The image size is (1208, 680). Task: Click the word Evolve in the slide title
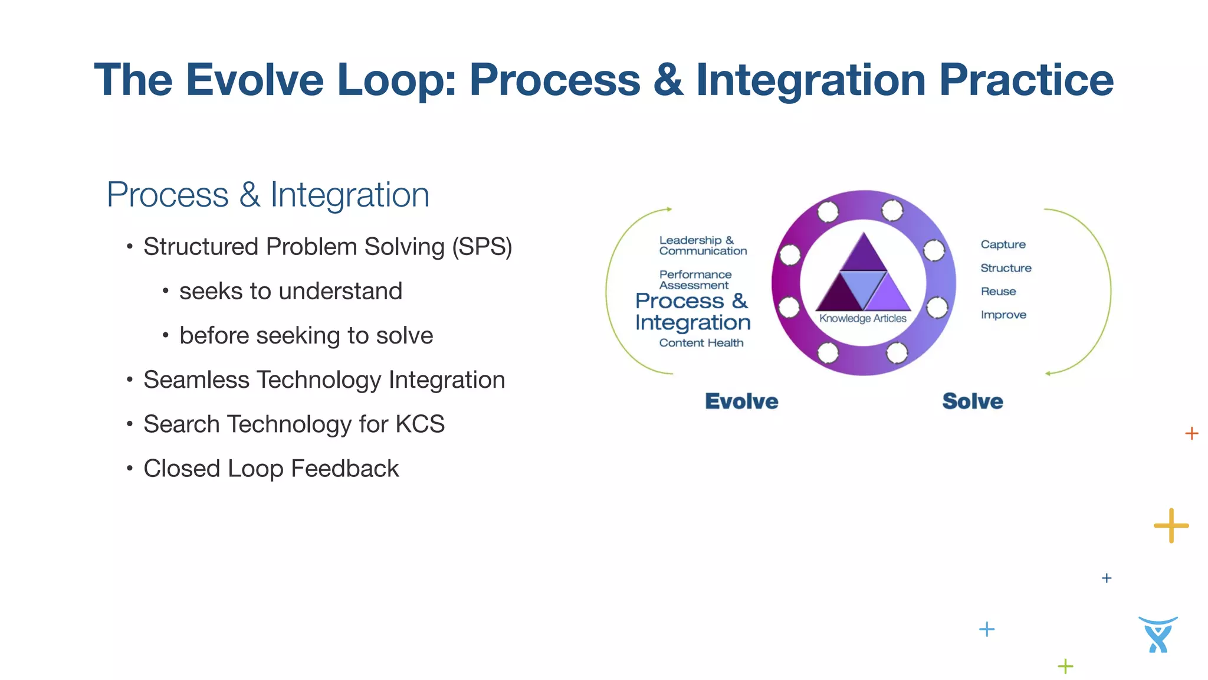coord(255,80)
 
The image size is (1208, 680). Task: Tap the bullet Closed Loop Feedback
coord(271,469)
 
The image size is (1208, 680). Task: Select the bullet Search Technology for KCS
coord(294,424)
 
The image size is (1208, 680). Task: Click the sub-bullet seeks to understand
coord(290,291)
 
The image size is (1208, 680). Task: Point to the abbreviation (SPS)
coord(482,247)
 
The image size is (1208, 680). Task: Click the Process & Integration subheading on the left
coord(268,195)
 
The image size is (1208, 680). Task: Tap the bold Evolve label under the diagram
coord(741,401)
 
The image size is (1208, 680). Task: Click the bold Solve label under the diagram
coord(972,401)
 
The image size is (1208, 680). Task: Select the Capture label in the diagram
coord(1003,244)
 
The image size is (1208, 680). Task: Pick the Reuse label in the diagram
coord(998,292)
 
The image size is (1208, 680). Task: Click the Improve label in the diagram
coord(1003,315)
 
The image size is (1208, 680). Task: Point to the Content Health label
coord(701,343)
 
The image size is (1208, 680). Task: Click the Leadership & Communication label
coord(702,246)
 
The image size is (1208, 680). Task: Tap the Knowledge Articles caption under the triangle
coord(862,319)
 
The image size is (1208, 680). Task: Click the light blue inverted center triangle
coord(863,286)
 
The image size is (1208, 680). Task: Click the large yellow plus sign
coord(1171,525)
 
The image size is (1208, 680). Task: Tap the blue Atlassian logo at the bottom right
coord(1158,635)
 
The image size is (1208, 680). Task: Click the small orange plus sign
coord(1191,433)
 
